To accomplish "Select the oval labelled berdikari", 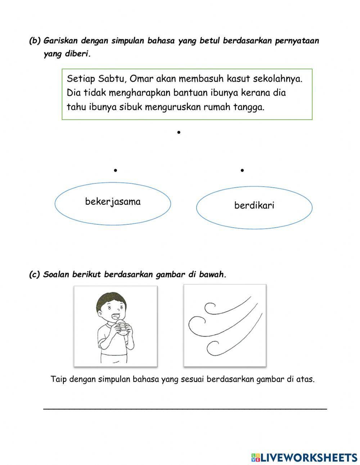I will tap(254, 207).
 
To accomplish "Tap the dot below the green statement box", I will tap(179, 133).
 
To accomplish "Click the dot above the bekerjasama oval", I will tap(115, 170).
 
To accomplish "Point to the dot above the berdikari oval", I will tap(242, 170).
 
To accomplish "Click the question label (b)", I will tap(35, 41).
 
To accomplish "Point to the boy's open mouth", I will tap(117, 317).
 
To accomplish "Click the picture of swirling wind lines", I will tap(225, 326).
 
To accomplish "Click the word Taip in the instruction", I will tap(59, 379).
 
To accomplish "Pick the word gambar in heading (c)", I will tap(171, 274).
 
